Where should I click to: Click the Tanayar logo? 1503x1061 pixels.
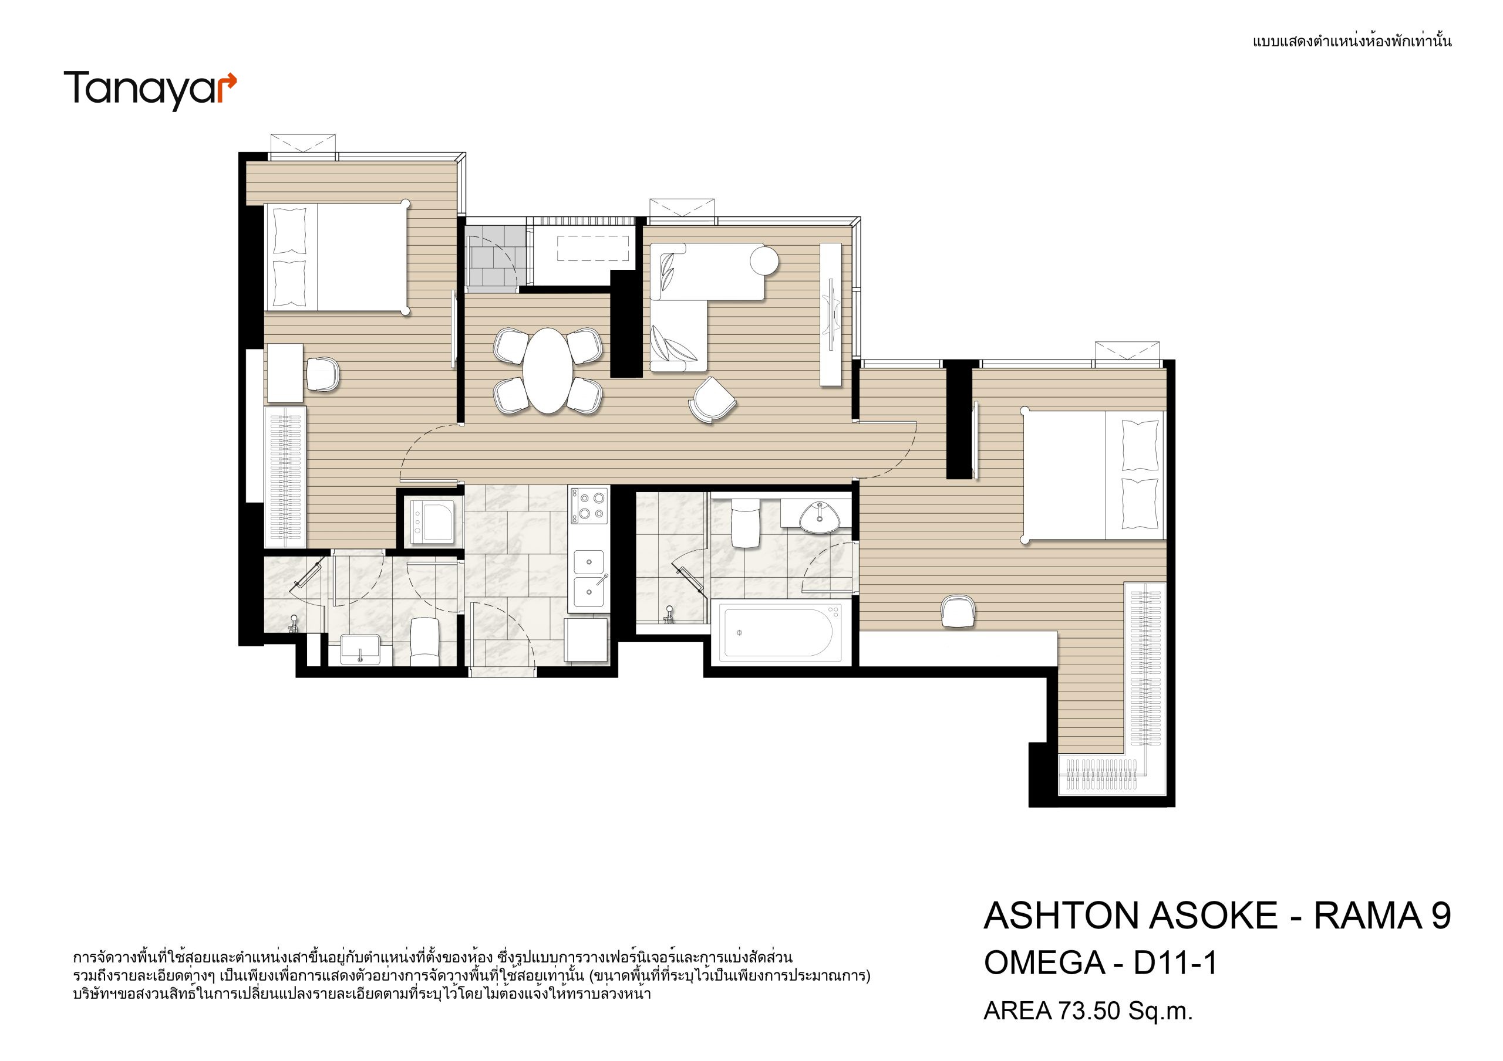pos(150,90)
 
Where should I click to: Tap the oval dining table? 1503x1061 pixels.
pos(547,371)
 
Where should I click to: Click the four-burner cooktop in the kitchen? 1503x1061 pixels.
pos(589,506)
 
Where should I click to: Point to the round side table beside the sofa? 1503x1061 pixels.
pos(764,260)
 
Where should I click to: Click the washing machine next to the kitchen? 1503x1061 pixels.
pos(433,521)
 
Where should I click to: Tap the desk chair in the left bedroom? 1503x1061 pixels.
pos(323,374)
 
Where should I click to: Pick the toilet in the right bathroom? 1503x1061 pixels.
pos(745,521)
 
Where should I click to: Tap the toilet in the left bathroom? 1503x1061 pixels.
pos(424,641)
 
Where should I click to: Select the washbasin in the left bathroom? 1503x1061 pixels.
pos(360,649)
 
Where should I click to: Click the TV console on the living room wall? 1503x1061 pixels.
pos(831,314)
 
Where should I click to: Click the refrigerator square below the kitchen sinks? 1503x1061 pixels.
pos(587,640)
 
